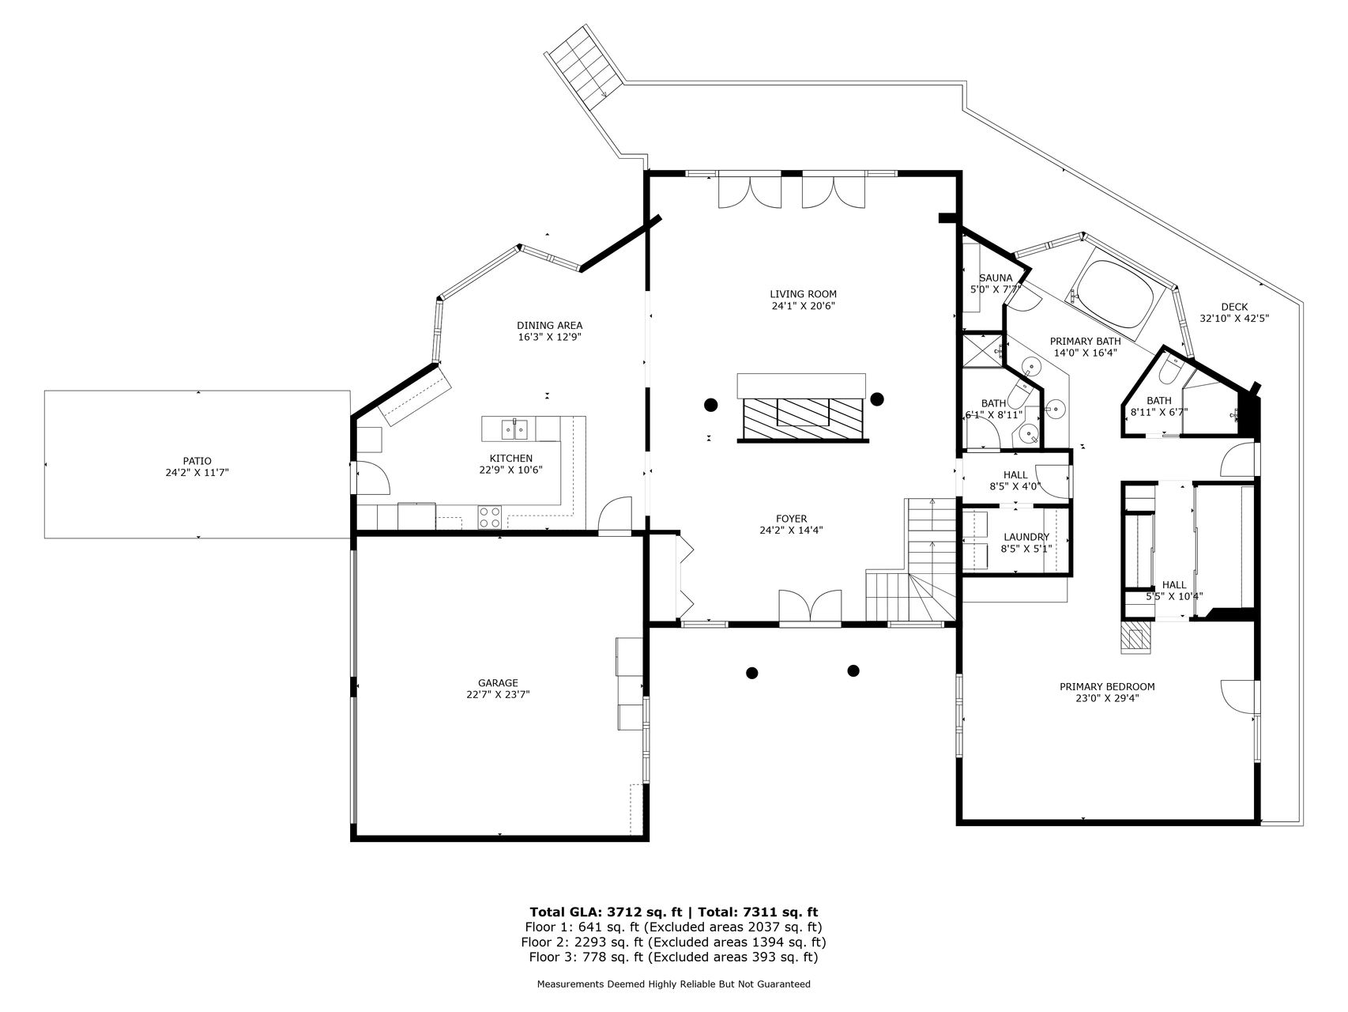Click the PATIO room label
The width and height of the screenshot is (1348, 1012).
coord(197,461)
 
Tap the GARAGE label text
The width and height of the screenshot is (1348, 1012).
coord(498,683)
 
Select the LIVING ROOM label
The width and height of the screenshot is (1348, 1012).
coord(803,294)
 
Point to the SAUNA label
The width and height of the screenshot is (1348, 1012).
coord(996,278)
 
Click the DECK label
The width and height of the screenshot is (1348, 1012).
coord(1234,307)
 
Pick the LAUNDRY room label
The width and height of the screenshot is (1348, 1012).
coord(1026,537)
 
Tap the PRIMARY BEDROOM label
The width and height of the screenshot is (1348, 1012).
coord(1107,686)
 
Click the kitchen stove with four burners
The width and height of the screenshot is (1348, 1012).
coord(490,517)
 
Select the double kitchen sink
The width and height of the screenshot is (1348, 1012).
coord(515,429)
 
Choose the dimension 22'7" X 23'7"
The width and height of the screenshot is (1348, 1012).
coord(498,695)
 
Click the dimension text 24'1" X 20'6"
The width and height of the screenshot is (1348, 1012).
coord(803,306)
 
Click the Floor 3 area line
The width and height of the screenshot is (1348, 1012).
coord(673,957)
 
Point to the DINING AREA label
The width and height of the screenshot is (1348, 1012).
coord(550,325)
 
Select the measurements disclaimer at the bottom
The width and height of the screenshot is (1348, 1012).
coord(673,984)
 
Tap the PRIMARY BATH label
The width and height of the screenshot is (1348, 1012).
coord(1085,342)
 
